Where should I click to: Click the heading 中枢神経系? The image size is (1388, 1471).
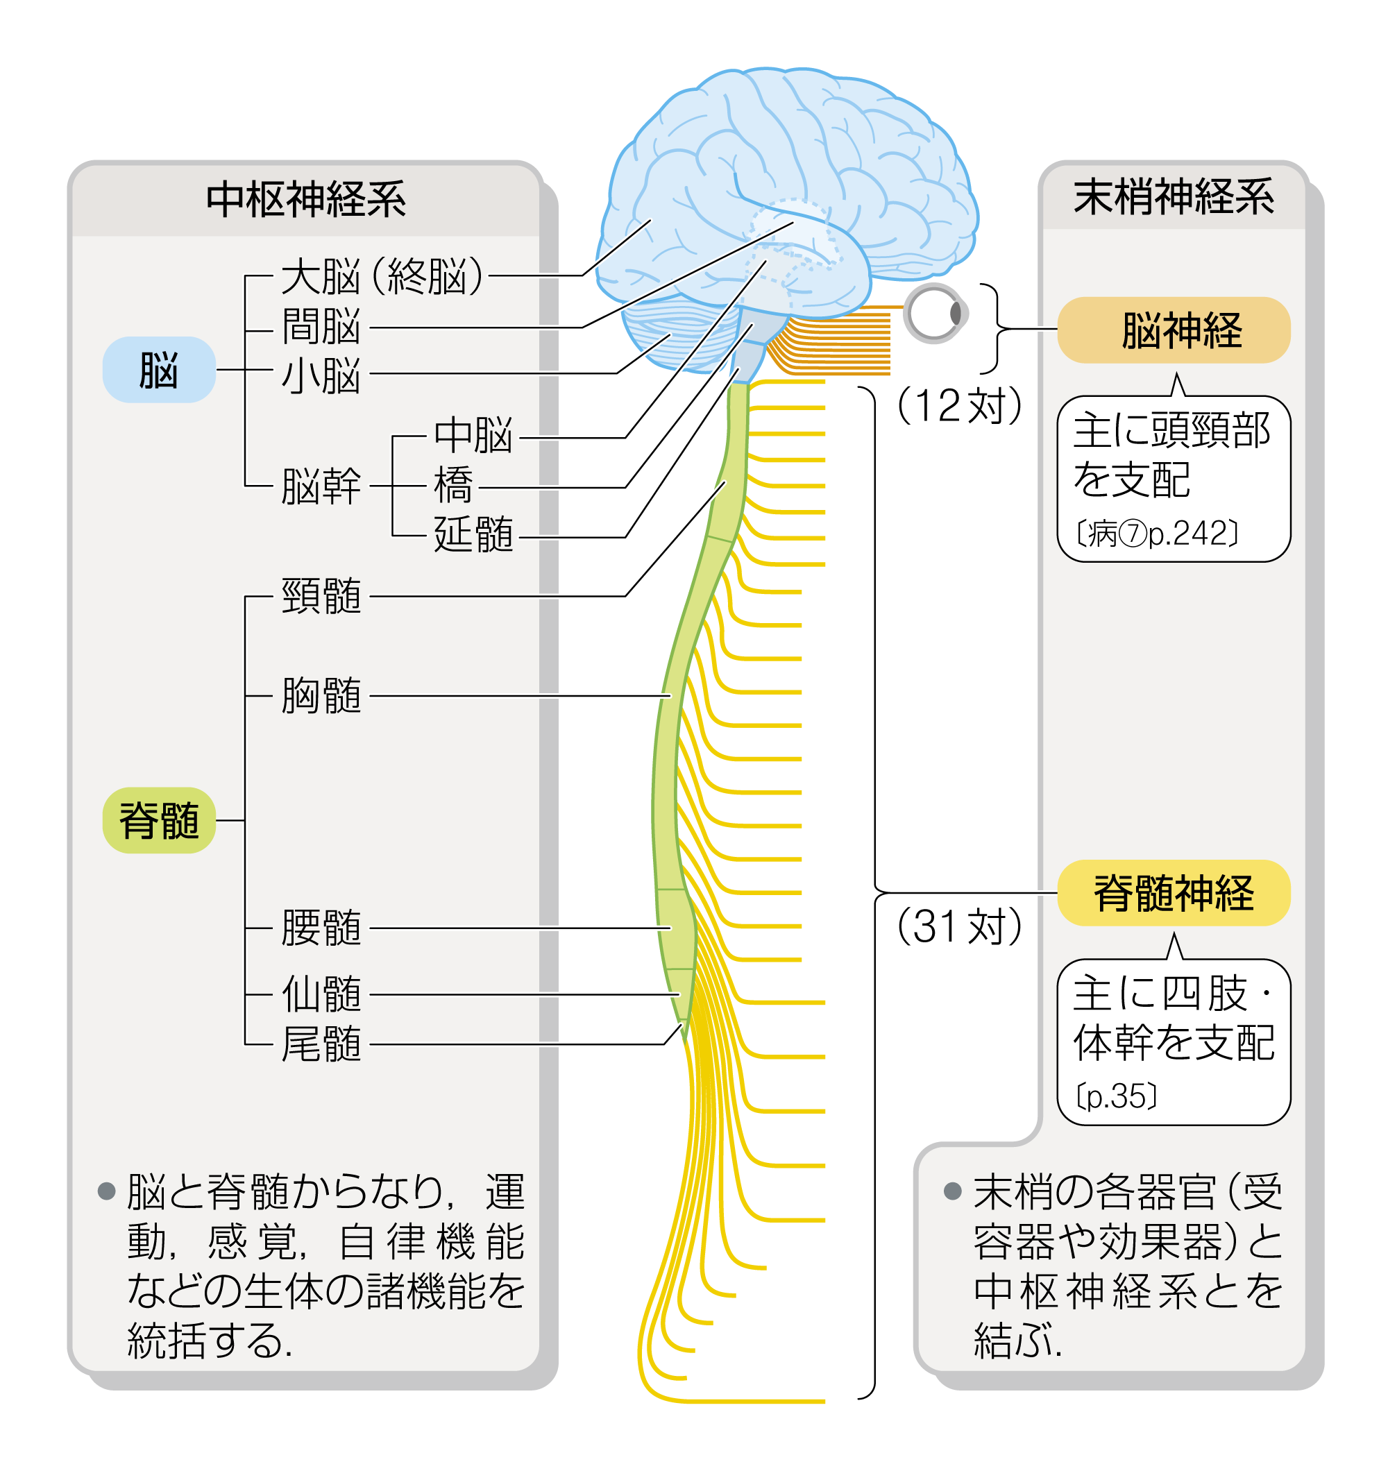(306, 200)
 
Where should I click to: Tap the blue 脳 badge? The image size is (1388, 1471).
(159, 369)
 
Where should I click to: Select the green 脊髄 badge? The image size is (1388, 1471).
(159, 820)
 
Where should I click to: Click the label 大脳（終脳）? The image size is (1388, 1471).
(382, 276)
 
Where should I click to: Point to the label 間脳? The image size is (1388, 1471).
(321, 326)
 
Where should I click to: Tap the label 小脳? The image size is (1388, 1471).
(321, 375)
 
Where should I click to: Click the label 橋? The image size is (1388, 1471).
(453, 486)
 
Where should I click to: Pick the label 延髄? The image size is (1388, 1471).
(474, 534)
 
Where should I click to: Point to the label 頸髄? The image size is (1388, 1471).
(321, 595)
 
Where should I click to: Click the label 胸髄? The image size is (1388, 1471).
(321, 695)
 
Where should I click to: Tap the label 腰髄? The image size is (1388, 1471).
(321, 928)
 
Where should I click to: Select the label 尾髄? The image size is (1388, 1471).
(321, 1044)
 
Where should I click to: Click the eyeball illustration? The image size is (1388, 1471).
(936, 313)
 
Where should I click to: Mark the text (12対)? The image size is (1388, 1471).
(960, 405)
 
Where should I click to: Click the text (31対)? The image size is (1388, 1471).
(960, 926)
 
